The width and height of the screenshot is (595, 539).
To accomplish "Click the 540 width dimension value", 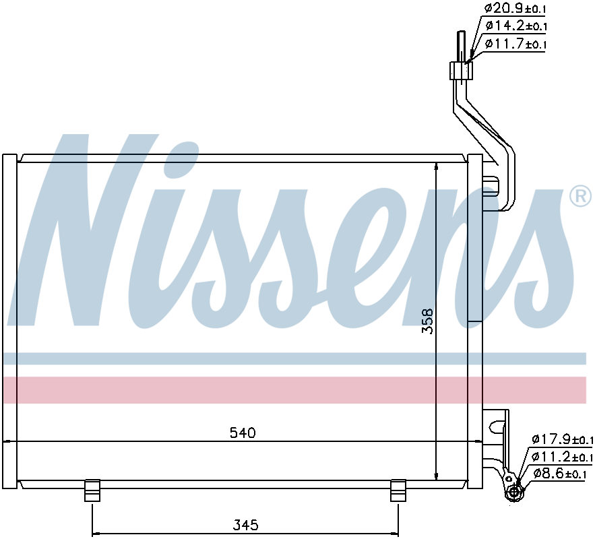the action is (x=243, y=433).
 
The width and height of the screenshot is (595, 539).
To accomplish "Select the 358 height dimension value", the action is (x=428, y=321).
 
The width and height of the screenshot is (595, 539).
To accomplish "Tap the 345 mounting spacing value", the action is (x=245, y=525).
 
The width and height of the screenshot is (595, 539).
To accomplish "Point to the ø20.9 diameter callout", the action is (x=515, y=8).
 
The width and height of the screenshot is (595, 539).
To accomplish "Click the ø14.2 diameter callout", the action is (x=515, y=26).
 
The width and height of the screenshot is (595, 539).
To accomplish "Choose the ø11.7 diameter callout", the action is (x=515, y=44).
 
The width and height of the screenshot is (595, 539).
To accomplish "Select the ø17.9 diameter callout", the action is (x=563, y=439).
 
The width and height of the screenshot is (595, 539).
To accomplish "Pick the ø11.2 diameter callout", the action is (x=563, y=456).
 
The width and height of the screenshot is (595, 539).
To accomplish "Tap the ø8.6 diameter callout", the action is (x=560, y=474).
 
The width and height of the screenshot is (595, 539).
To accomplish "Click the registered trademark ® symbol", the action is (x=580, y=195).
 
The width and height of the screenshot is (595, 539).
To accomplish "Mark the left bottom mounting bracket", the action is (x=92, y=490).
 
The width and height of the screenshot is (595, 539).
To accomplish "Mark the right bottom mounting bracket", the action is (x=398, y=490).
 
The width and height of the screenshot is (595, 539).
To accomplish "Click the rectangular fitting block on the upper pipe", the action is (x=461, y=71).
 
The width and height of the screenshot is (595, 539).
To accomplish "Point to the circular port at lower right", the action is (x=514, y=493).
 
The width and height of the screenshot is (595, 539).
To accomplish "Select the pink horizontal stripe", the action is (x=294, y=390).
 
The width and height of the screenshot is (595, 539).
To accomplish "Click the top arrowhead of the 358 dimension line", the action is (x=437, y=167).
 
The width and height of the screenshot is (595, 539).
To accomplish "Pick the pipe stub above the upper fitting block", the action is (x=462, y=46).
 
